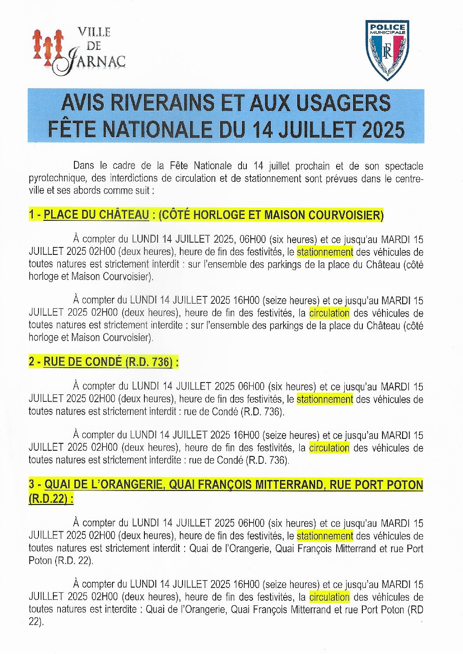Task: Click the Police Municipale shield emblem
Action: click(387, 50)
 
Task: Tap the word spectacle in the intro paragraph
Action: click(404, 166)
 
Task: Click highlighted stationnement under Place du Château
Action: click(325, 252)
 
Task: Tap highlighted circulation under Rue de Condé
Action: click(329, 448)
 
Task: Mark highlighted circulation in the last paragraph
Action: click(329, 597)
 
